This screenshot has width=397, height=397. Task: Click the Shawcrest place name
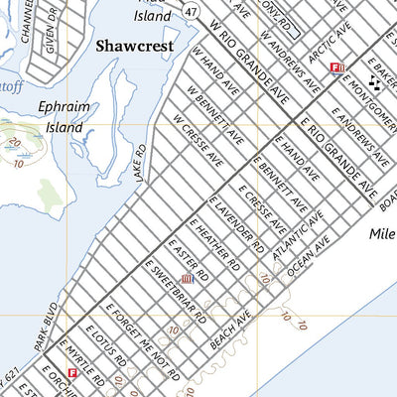click(134, 46)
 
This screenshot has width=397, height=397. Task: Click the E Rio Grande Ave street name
click(339, 158)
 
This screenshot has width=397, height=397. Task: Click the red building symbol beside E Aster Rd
click(185, 281)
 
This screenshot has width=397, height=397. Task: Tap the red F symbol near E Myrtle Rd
click(70, 375)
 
